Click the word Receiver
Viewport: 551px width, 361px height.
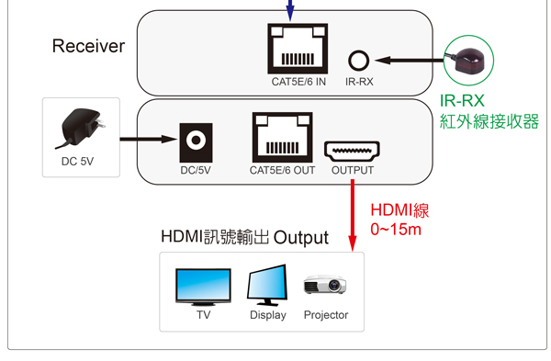pos(88,46)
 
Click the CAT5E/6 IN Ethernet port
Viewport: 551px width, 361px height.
pos(298,49)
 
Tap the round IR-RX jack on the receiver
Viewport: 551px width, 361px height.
pos(358,61)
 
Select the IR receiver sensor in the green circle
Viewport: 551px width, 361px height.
pos(467,60)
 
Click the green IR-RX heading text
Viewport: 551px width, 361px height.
pos(462,101)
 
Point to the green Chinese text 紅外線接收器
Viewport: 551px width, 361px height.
pos(489,121)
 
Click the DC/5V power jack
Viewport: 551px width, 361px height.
pos(196,142)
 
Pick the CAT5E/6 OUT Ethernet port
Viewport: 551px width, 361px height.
pos(283,137)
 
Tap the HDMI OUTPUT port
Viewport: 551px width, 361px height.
pos(352,152)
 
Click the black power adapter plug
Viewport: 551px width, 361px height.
pos(81,128)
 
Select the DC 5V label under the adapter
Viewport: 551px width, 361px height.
pos(78,162)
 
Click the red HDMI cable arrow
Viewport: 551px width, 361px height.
pos(353,216)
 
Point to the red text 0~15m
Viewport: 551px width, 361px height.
pos(396,229)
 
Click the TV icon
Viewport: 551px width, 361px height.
pos(203,288)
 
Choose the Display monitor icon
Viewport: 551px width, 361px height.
pos(268,285)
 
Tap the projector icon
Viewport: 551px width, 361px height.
pos(325,284)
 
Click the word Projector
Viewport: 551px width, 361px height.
pos(326,315)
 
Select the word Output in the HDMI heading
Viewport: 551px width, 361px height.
pos(301,238)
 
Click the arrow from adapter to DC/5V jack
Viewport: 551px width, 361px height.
pos(149,140)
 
